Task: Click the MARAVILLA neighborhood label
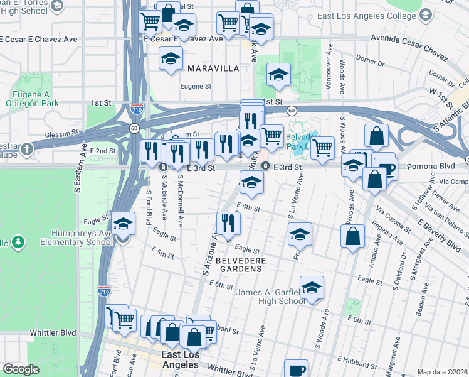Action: (x=212, y=67)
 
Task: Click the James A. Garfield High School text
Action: (x=270, y=297)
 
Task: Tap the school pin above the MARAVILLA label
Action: (x=170, y=59)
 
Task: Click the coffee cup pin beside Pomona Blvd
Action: (x=386, y=169)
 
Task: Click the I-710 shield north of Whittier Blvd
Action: (x=103, y=292)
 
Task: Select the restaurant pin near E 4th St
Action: (x=228, y=223)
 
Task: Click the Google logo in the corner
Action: (x=21, y=369)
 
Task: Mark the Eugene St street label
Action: (x=196, y=86)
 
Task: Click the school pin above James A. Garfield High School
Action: (x=312, y=288)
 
